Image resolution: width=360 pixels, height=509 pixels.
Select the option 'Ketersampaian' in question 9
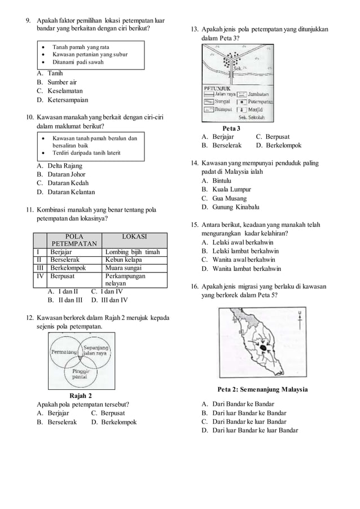coord(64,100)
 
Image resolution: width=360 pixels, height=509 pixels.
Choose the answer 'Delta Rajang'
coord(64,166)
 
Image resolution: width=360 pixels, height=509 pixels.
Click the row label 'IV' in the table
coord(40,277)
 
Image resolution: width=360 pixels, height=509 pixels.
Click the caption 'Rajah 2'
coord(80,395)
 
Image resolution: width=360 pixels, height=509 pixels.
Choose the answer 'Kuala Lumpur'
coord(232,190)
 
